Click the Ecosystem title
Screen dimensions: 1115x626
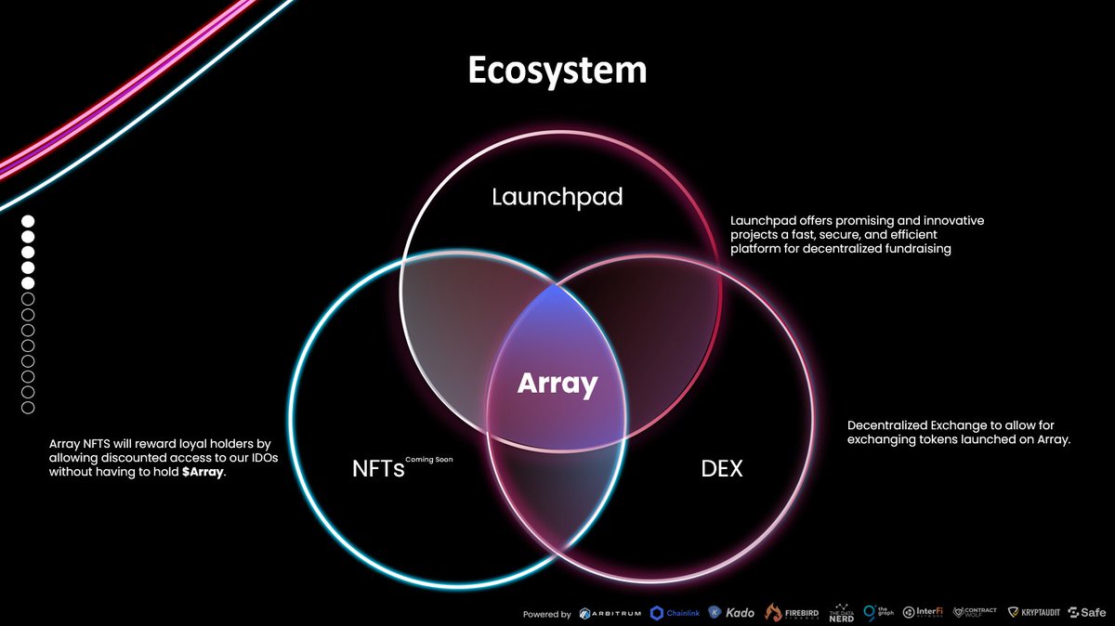point(557,72)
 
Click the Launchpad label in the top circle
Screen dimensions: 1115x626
point(557,197)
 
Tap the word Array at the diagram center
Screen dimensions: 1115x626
point(557,383)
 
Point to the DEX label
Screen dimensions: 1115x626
point(722,469)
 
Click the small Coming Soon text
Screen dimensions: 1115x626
point(429,460)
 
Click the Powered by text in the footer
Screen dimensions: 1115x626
point(547,614)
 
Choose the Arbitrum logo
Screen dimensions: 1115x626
point(610,613)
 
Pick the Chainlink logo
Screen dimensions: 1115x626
point(675,613)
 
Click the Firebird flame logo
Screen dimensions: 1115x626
point(790,612)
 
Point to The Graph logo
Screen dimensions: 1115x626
point(877,612)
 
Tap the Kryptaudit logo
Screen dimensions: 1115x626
point(1035,613)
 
